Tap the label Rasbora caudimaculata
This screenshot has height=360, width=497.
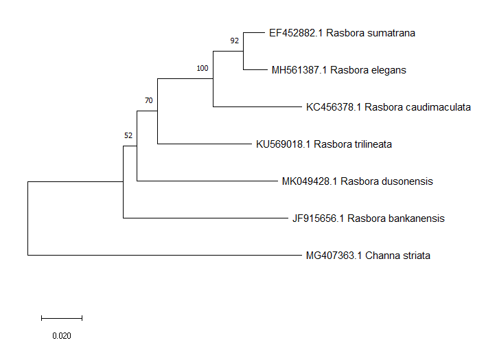tap(418, 107)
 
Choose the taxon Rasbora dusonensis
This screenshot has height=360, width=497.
tap(386, 181)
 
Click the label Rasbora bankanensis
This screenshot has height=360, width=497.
tap(396, 218)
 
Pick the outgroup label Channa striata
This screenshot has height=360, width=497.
tap(398, 256)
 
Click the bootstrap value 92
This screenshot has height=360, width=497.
tap(235, 41)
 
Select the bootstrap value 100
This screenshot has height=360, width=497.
tap(202, 68)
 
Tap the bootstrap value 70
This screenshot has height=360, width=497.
tap(148, 101)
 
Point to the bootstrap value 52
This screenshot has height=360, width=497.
tap(128, 135)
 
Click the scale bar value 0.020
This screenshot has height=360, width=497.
tap(62, 336)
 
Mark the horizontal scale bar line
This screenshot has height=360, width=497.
tap(62, 318)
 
